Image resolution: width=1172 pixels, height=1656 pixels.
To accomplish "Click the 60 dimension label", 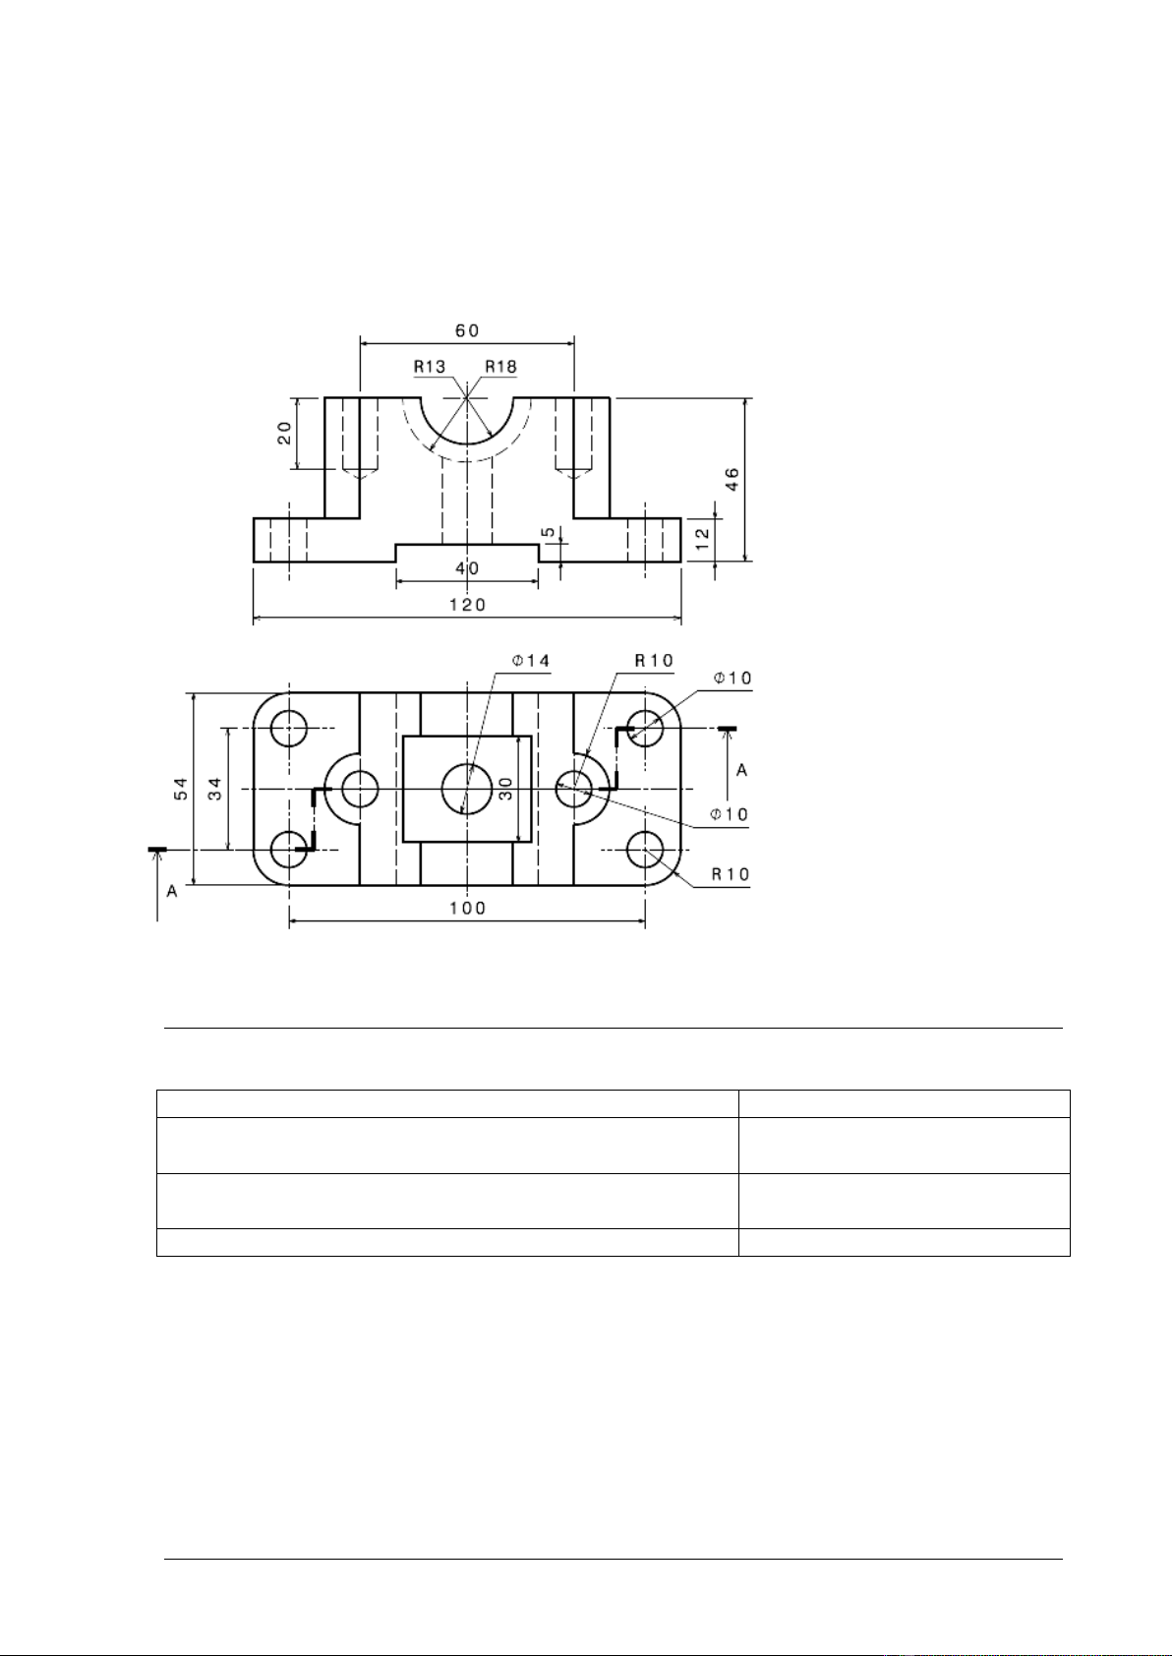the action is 467,330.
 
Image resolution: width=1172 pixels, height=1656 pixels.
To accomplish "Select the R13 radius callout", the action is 430,367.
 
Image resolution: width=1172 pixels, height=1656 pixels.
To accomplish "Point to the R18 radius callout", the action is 501,367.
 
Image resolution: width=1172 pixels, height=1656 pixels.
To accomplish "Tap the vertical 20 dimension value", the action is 284,433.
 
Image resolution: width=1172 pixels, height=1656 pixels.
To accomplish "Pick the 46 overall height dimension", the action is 732,479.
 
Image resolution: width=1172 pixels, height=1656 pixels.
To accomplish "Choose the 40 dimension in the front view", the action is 467,568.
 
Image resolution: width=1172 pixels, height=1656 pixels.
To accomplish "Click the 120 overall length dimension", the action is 468,605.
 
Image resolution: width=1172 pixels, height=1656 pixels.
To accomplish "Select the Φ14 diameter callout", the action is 532,661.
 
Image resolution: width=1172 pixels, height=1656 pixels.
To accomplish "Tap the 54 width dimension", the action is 181,789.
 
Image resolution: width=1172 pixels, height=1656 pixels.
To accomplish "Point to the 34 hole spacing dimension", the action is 215,789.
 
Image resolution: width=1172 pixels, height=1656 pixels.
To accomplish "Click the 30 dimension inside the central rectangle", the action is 506,789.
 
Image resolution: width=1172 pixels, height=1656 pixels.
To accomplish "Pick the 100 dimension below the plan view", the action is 468,908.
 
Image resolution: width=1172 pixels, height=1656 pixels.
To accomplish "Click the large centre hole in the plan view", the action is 467,789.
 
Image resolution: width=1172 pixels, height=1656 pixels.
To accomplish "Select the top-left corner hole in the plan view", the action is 289,729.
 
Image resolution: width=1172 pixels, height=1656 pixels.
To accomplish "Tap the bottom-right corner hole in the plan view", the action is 645,851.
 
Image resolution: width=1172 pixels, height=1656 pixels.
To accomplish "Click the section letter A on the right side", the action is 742,770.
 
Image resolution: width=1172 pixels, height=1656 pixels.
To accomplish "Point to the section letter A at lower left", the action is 171,892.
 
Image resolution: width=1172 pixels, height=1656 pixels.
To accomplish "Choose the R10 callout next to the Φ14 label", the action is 655,661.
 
